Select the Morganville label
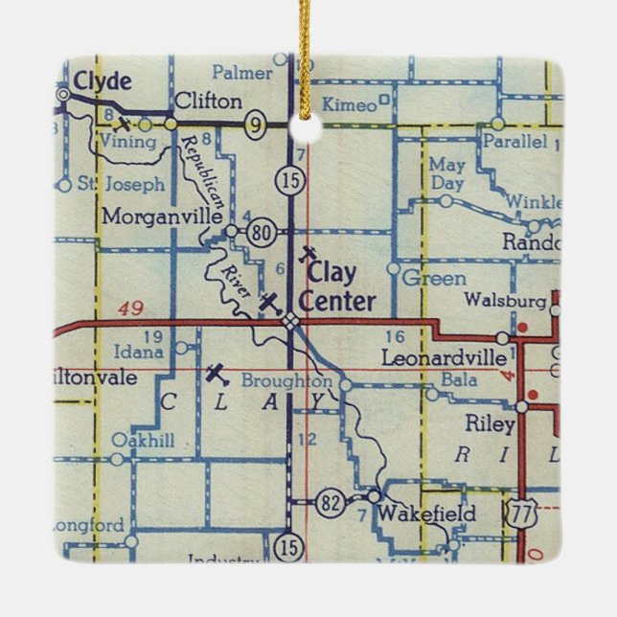(x=162, y=216)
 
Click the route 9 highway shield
(x=255, y=124)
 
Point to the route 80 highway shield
(x=262, y=231)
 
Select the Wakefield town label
(x=426, y=514)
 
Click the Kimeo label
(x=351, y=104)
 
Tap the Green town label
(x=434, y=279)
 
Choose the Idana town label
(x=139, y=353)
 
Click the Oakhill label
(x=143, y=440)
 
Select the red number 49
(x=134, y=308)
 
